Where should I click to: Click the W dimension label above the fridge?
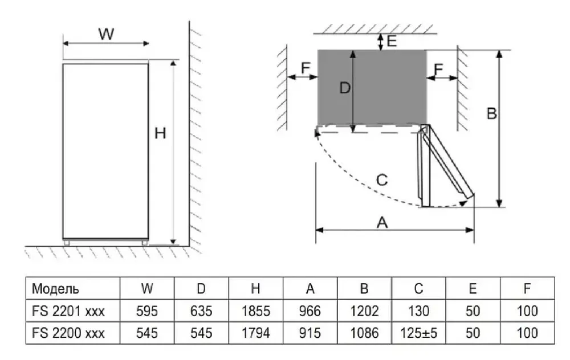point(106,34)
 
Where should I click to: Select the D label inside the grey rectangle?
point(344,88)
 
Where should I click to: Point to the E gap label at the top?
point(391,41)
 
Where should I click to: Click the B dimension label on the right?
point(491,114)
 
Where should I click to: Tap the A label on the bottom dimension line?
point(382,223)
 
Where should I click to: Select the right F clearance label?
point(438,69)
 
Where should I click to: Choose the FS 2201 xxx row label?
point(68,311)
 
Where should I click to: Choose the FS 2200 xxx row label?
point(68,333)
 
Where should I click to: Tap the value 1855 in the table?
point(255,311)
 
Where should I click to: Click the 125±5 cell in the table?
point(418,333)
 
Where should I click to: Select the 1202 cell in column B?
point(364,311)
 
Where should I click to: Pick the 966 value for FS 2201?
point(310,311)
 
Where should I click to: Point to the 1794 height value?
point(255,333)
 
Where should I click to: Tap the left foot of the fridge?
point(67,243)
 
